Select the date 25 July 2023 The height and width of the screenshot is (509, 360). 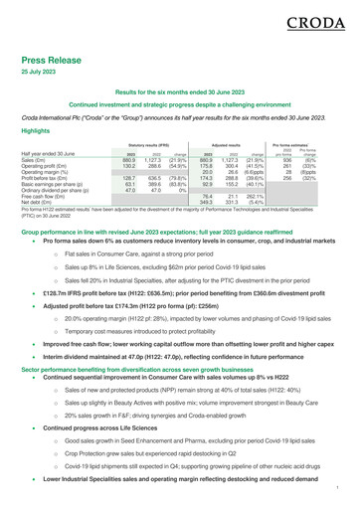click(x=39, y=76)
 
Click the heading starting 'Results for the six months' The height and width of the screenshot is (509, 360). click(x=180, y=118)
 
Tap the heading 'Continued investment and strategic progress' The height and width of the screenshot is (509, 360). click(x=180, y=132)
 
